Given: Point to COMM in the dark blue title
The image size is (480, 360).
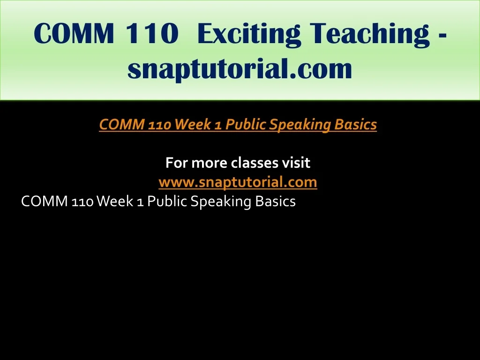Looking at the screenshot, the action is (x=75, y=33).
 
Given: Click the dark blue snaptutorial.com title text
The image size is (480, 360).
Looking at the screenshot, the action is (x=240, y=69).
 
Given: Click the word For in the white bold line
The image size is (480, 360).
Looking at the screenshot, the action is (x=177, y=163).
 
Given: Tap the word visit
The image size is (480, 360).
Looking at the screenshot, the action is (x=296, y=163).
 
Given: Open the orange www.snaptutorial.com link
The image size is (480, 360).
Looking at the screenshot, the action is (x=238, y=182).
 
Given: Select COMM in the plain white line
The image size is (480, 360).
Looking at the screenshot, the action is (x=45, y=202).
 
